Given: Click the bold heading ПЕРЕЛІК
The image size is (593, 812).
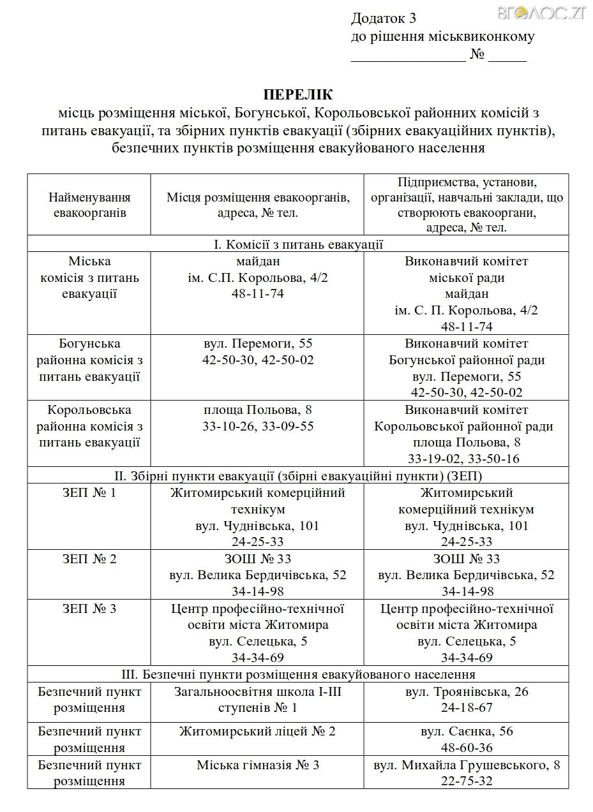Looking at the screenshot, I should [298, 96].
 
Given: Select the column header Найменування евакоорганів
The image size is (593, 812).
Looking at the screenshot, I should [89, 205].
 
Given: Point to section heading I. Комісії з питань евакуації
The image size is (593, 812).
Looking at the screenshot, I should [298, 244].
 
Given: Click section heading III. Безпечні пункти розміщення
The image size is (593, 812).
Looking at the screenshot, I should [298, 674].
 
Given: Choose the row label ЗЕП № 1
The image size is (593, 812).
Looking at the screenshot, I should [89, 493].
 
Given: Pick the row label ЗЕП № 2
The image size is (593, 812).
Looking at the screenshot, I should [89, 559].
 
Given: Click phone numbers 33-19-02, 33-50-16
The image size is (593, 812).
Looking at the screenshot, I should [467, 459].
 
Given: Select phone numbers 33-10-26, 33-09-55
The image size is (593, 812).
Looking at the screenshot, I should [257, 426].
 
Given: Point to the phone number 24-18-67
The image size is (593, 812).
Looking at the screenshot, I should [467, 708].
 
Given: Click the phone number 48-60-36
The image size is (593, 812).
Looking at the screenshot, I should [467, 748].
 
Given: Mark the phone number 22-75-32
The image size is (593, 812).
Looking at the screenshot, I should [467, 781].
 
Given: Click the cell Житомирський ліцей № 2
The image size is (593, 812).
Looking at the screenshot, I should [257, 732].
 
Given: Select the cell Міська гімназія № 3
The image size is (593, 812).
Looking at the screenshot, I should [257, 765].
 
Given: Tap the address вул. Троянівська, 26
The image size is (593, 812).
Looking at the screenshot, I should [467, 692].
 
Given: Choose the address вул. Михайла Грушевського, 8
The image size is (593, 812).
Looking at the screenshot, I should [467, 765].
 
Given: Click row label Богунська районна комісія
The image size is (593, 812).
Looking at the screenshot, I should [89, 360].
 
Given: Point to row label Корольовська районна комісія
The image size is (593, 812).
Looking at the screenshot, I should [89, 425].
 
